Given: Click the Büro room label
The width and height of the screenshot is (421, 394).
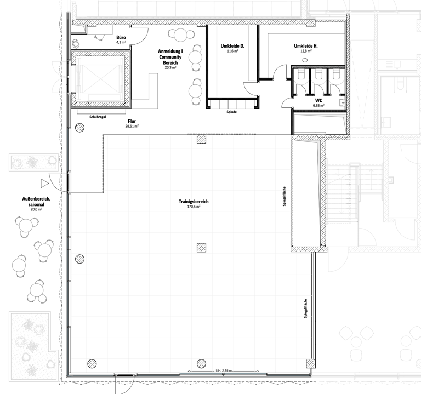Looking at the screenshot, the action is (121, 38).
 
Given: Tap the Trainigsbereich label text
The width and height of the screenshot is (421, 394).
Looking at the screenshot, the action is (194, 202).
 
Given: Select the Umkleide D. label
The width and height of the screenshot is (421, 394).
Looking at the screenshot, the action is (232, 46).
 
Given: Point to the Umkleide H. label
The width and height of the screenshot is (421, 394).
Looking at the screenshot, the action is (306, 46).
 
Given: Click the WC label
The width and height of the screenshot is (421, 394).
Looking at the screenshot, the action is (318, 101).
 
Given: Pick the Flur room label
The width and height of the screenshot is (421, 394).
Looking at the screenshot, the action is (132, 121).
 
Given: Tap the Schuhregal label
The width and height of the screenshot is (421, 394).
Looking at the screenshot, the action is (98, 117).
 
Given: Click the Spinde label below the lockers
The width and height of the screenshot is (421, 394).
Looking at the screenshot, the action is (232, 112).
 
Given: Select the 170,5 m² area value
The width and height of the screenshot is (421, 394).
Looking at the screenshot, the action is (194, 207).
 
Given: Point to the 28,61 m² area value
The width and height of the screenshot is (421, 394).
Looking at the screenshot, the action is (132, 126).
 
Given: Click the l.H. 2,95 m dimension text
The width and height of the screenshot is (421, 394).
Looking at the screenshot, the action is (224, 370).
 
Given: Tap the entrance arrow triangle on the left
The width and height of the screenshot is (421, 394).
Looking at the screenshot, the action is (44, 184).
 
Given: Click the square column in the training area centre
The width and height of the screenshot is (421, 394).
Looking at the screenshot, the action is (201, 248).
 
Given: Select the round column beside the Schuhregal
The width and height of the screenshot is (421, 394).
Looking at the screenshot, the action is (79, 128).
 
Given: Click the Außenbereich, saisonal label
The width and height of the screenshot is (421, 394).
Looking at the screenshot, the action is (36, 202).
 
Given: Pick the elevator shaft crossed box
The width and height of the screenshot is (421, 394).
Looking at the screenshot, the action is (100, 79).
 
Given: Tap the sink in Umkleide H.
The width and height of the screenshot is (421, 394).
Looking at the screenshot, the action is (305, 60).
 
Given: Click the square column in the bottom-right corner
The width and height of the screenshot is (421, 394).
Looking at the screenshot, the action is (311, 364).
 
